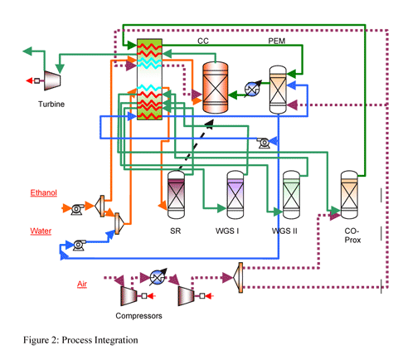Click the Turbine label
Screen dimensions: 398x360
(x=51, y=105)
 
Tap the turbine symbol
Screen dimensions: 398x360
(x=52, y=80)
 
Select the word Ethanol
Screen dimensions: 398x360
(x=44, y=192)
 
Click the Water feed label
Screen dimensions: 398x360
(x=41, y=231)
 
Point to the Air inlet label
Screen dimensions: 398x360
(x=82, y=284)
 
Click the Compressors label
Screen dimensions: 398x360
(x=138, y=316)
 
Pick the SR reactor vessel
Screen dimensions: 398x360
(x=176, y=195)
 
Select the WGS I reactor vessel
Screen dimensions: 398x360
(x=235, y=195)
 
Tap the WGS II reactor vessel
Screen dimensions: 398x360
(x=291, y=195)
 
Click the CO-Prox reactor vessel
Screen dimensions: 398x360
(x=349, y=195)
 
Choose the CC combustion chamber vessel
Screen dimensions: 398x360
(x=216, y=87)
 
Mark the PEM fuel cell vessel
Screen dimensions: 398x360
(x=278, y=90)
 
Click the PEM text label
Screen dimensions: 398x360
(x=277, y=41)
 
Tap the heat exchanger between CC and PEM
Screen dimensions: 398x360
(x=252, y=89)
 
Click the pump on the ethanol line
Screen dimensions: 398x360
(x=78, y=209)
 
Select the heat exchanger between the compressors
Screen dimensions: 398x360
(x=158, y=277)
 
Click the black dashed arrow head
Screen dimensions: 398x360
(x=209, y=124)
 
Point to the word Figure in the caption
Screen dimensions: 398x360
(x=34, y=340)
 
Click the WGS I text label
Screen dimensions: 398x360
(x=227, y=231)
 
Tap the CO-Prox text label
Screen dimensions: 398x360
(x=352, y=236)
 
